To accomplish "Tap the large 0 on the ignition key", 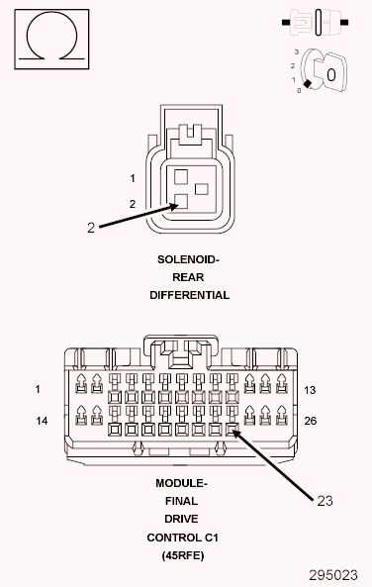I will coord(331,74).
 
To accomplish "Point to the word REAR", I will coord(189,277).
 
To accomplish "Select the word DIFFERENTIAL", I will coord(189,295).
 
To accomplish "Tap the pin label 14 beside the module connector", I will coord(43,421).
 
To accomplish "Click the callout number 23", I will coord(325,501).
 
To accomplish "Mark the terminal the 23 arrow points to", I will coord(232,431).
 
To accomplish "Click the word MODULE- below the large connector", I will coord(181,483).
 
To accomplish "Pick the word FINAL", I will coord(181,501).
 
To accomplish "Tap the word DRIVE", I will coord(181,519).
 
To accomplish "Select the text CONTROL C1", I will coord(181,537).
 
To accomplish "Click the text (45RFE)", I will coord(181,555).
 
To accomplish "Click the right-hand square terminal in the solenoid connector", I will coord(202,188).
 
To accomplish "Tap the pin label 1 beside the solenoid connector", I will coord(132,179).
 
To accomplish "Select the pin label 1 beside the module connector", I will coord(38,390).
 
